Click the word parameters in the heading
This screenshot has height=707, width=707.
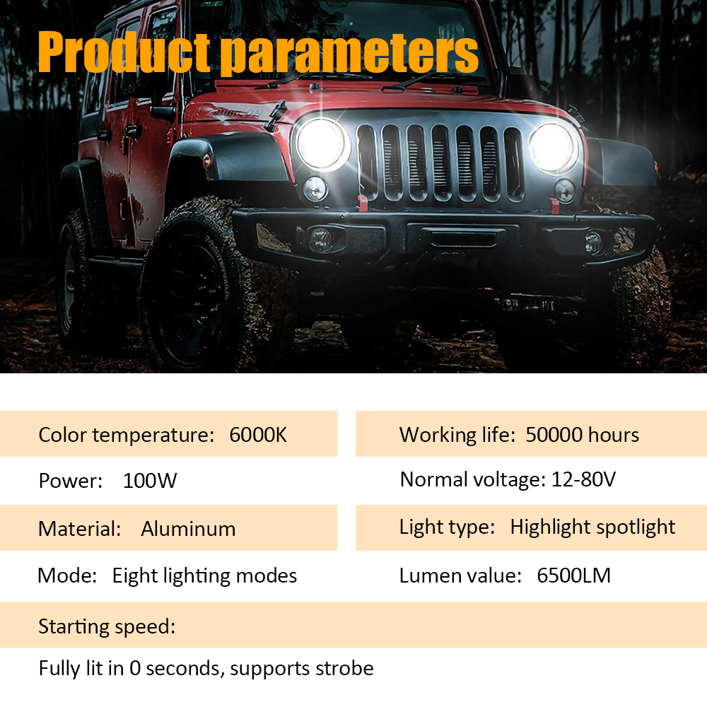(x=349, y=54)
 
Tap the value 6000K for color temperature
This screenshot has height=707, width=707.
(x=258, y=435)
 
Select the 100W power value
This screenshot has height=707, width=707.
(x=150, y=481)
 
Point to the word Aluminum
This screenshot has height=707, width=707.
(x=188, y=528)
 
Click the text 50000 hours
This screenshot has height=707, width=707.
(x=582, y=435)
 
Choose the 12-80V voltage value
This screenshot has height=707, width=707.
(x=583, y=479)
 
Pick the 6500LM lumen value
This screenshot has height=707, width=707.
(x=573, y=575)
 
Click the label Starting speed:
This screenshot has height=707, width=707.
(x=107, y=626)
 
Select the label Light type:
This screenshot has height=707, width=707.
(x=447, y=527)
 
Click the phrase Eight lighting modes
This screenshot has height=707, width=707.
(x=204, y=575)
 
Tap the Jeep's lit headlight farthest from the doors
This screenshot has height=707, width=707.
(x=554, y=148)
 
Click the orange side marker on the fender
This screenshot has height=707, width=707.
(x=207, y=160)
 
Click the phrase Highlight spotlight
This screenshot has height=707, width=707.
(x=592, y=527)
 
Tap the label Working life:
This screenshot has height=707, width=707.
(x=457, y=435)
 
